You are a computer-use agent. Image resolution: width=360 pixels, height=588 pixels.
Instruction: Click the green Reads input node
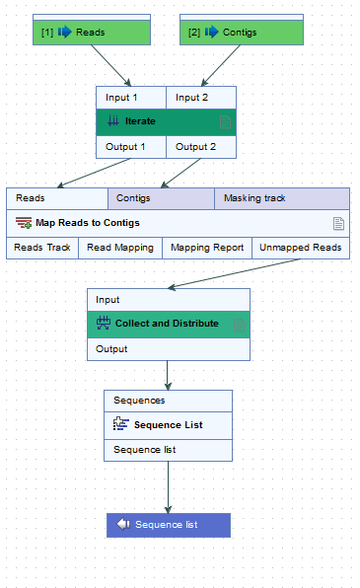(91, 33)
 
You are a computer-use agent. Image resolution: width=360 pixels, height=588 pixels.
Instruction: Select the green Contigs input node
(242, 33)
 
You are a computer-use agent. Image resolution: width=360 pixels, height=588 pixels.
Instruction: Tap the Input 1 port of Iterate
(130, 98)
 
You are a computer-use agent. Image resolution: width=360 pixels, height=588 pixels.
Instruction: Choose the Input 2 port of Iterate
(201, 98)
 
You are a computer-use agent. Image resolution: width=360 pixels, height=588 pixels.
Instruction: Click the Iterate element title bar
(158, 121)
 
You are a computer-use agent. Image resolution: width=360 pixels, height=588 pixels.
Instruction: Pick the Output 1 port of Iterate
(130, 147)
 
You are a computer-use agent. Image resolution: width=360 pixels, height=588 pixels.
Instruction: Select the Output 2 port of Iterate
(201, 147)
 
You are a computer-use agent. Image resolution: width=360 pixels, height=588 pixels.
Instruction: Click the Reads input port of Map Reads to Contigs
(56, 198)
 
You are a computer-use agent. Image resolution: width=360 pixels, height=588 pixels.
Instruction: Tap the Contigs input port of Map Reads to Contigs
(160, 198)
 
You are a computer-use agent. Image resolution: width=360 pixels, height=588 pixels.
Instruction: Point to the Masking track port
(281, 198)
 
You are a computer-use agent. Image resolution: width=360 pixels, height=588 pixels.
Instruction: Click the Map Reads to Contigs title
(89, 223)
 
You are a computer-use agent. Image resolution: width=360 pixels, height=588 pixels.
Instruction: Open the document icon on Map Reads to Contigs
(338, 223)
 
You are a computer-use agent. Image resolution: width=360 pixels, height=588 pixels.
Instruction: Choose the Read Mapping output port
(119, 248)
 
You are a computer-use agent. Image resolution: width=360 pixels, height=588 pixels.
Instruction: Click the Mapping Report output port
(206, 248)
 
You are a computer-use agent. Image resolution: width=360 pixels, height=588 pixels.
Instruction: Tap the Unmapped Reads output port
(300, 248)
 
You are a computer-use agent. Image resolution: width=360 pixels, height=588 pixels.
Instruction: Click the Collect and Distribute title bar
(167, 324)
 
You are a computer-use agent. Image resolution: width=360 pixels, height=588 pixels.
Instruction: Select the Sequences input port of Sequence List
(168, 401)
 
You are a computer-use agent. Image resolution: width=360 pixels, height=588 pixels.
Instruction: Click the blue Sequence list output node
(168, 525)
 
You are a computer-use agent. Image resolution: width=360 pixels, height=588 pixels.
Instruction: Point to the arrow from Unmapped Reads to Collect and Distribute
(237, 273)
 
